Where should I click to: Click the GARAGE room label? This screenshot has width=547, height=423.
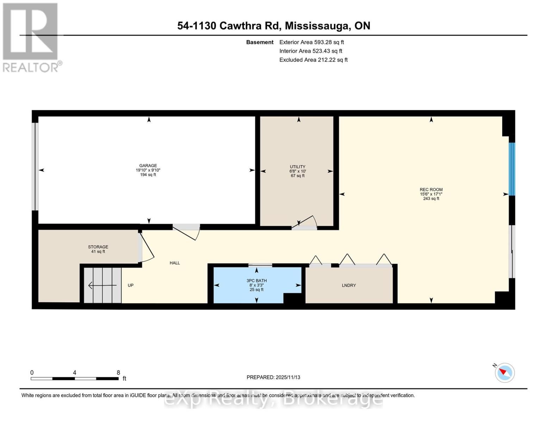(x=148, y=166)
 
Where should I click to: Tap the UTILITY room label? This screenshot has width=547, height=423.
(x=298, y=167)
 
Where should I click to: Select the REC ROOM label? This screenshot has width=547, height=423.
(x=431, y=190)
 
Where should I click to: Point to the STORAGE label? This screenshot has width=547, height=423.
(x=98, y=247)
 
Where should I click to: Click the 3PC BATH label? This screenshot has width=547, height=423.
(x=256, y=281)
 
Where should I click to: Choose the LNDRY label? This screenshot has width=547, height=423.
(x=349, y=286)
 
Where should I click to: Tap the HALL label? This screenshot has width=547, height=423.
(x=175, y=263)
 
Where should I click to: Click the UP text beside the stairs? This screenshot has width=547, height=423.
(x=131, y=286)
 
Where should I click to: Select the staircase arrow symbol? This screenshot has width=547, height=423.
(x=102, y=285)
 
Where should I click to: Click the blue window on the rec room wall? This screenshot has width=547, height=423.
(x=512, y=169)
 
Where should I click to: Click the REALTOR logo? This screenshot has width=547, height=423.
(x=31, y=37)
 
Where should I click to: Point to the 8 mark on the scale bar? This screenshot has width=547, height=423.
(x=118, y=373)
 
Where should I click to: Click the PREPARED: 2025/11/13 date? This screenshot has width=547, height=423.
(x=273, y=378)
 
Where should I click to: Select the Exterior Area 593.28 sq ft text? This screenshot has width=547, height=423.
(x=311, y=42)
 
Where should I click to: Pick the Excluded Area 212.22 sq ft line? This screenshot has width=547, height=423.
(x=313, y=60)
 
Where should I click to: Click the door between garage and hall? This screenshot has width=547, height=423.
(x=187, y=231)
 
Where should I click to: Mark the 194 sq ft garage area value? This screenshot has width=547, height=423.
(x=148, y=175)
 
